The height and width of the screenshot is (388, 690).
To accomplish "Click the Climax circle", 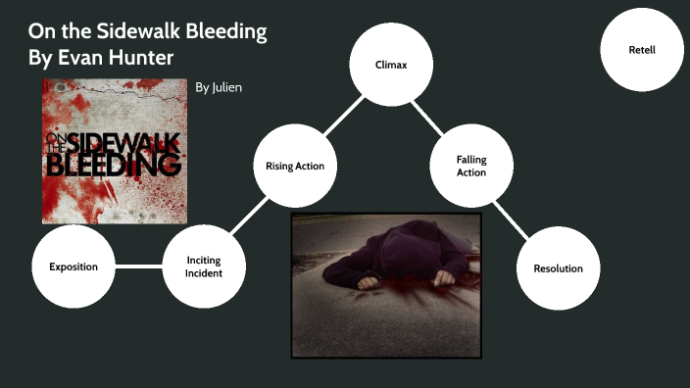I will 391,64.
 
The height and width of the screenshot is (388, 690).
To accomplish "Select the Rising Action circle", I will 294,166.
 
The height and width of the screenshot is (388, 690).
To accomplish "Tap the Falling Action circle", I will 470,166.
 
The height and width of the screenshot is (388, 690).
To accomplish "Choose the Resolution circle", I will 558,267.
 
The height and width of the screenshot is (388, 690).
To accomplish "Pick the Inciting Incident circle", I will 204,267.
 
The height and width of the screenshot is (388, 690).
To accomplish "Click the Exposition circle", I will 73,267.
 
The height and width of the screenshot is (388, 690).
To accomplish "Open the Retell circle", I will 641,49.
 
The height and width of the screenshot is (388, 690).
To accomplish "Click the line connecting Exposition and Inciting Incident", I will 138,267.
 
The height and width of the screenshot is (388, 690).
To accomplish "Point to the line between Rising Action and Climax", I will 342,115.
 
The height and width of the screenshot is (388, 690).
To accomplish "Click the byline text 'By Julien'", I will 219,87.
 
